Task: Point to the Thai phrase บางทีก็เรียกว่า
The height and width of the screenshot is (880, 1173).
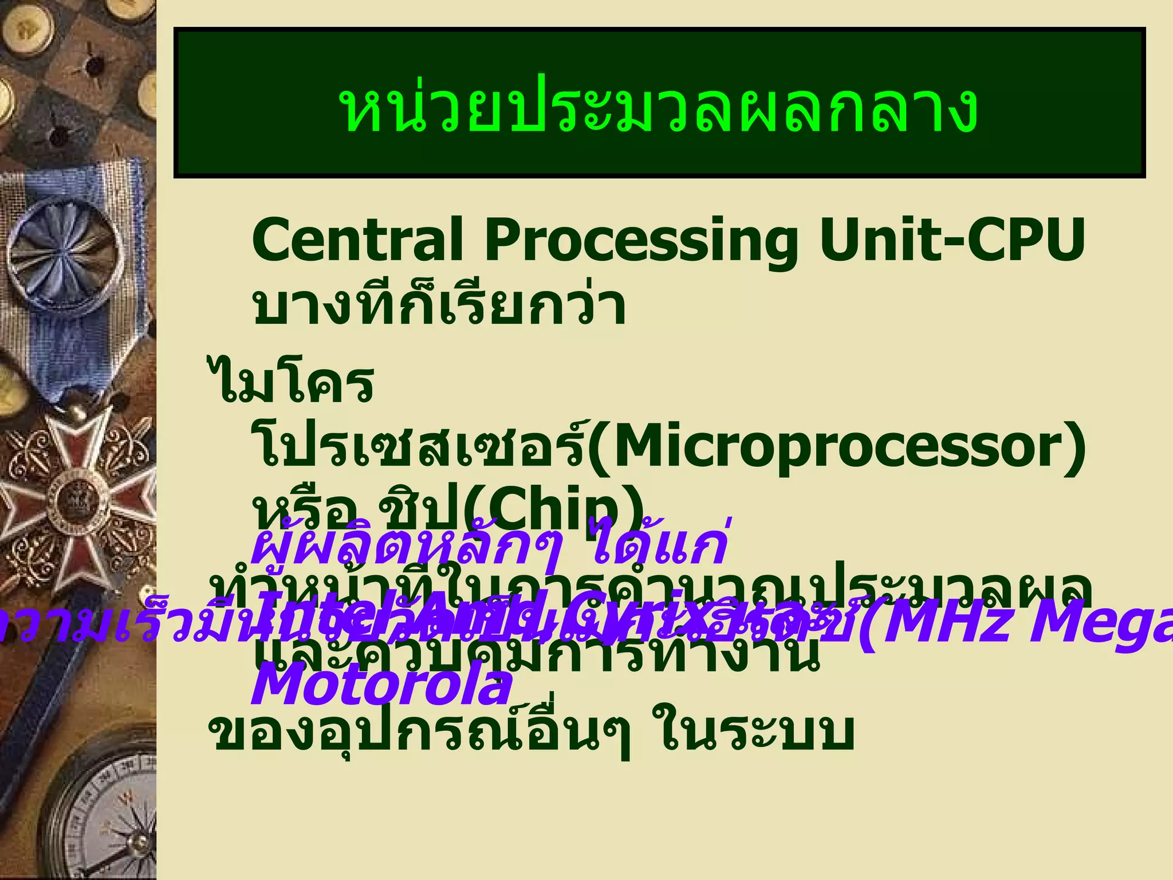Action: (439, 307)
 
